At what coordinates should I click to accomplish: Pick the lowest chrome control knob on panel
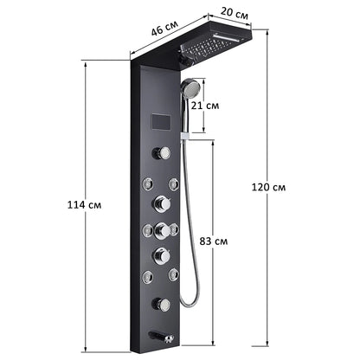(161, 304)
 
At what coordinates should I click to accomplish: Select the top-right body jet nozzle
(174, 183)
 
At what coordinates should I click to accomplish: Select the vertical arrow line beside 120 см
(265, 186)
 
